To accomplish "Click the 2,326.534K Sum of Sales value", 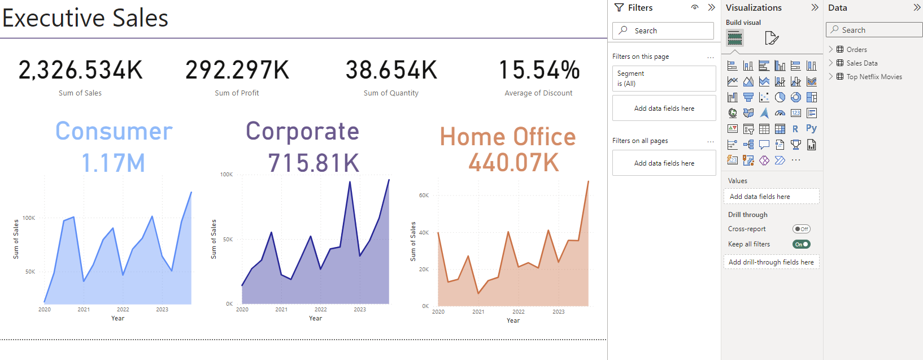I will pos(81,71).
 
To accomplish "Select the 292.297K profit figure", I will pos(237,71).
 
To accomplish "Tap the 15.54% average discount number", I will pos(539,71).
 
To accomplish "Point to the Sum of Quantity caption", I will pos(391,93).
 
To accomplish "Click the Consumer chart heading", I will pos(114,131).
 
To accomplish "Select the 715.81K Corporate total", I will pos(314,163).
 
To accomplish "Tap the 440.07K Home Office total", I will pos(513,163).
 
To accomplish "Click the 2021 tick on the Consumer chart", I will pos(84,310).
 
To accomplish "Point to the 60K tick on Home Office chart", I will pos(424,196).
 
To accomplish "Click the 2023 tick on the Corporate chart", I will pos(360,310).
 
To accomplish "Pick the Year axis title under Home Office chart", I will pos(513,320).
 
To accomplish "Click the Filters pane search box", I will pos(663,31).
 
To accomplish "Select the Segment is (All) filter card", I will pos(664,79).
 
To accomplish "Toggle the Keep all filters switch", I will pos(802,244).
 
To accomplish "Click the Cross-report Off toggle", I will pos(802,229).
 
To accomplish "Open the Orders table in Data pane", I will pos(856,50).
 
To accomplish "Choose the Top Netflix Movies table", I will pos(874,77).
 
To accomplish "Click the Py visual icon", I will pos(811,129).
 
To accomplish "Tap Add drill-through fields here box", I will pos(771,262).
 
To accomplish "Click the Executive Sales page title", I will pos(85,18).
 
